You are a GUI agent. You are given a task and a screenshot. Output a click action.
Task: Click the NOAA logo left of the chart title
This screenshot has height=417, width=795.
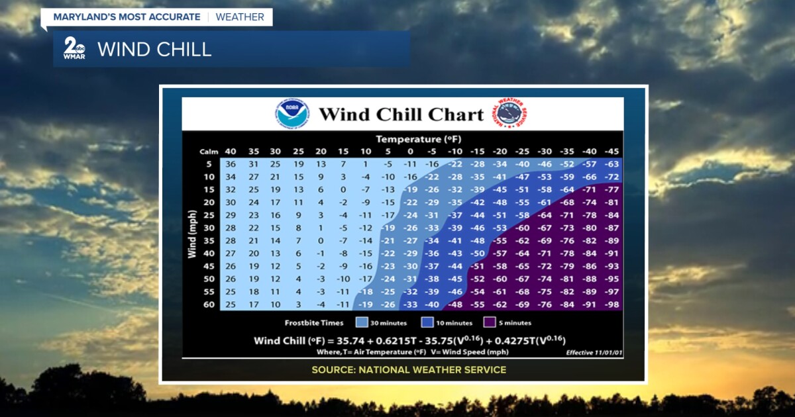(292, 114)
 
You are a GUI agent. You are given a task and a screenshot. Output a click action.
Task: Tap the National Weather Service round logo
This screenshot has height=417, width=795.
(509, 114)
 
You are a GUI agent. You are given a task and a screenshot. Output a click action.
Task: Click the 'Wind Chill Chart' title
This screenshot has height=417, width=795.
(401, 115)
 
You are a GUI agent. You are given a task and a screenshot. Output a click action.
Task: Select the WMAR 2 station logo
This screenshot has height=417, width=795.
(74, 48)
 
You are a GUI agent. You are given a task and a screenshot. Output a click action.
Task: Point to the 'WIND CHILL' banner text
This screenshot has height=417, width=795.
(154, 50)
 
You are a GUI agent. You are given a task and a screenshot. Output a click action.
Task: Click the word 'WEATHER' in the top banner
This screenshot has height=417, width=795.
(240, 17)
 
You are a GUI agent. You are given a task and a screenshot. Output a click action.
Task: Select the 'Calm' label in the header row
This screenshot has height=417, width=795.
(209, 152)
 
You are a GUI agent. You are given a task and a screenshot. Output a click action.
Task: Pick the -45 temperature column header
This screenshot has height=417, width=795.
(611, 151)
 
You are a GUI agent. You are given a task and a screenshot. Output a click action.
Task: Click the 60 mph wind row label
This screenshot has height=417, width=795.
(209, 304)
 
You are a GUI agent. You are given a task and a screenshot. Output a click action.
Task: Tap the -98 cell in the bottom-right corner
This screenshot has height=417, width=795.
(611, 304)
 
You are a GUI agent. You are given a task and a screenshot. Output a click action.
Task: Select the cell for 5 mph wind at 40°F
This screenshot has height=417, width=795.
(231, 164)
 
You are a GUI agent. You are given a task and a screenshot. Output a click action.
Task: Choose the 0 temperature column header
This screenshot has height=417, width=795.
(409, 151)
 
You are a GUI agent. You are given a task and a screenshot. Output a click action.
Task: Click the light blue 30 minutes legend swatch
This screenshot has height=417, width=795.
(362, 323)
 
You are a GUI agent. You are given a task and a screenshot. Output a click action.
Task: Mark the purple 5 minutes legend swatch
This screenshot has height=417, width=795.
(490, 323)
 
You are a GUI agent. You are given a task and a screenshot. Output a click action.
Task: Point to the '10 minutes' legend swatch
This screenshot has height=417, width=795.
(426, 323)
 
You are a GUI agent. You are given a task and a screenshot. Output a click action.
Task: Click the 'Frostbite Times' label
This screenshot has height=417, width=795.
(314, 323)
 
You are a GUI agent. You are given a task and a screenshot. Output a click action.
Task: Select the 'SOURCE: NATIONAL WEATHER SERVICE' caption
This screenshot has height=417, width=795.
(409, 369)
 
